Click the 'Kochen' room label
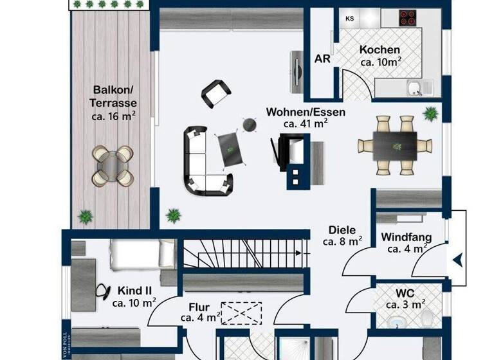(380, 50)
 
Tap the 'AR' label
(322, 59)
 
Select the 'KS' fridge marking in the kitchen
(350, 19)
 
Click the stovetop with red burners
(407, 17)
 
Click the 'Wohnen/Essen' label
(306, 112)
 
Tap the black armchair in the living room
(215, 94)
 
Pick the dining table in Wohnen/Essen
(395, 145)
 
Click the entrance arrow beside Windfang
(457, 260)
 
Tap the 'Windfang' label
(406, 237)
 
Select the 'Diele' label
(342, 230)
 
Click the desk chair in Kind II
(102, 291)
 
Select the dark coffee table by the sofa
(230, 147)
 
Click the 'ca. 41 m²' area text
(306, 123)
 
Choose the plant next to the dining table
(430, 114)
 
